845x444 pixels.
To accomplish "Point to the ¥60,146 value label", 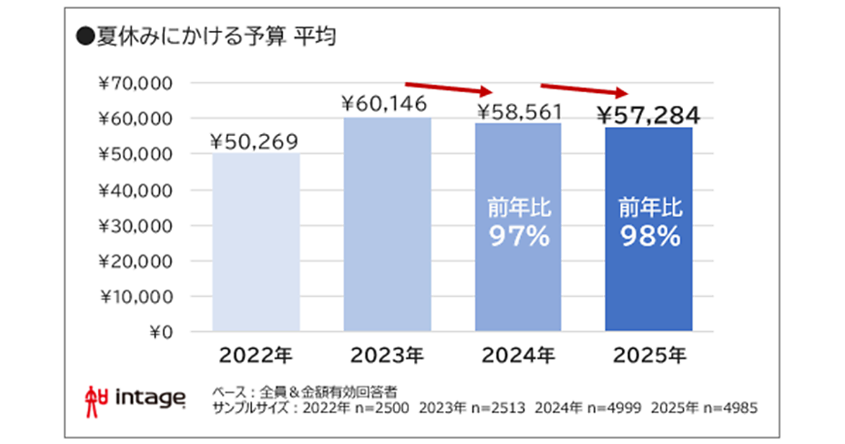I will (384, 105).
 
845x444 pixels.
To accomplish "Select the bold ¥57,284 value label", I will (648, 113).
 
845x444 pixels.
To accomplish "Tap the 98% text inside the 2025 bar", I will (650, 237).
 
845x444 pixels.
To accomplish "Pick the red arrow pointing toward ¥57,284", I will (583, 90).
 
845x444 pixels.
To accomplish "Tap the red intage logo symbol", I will (94, 397).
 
